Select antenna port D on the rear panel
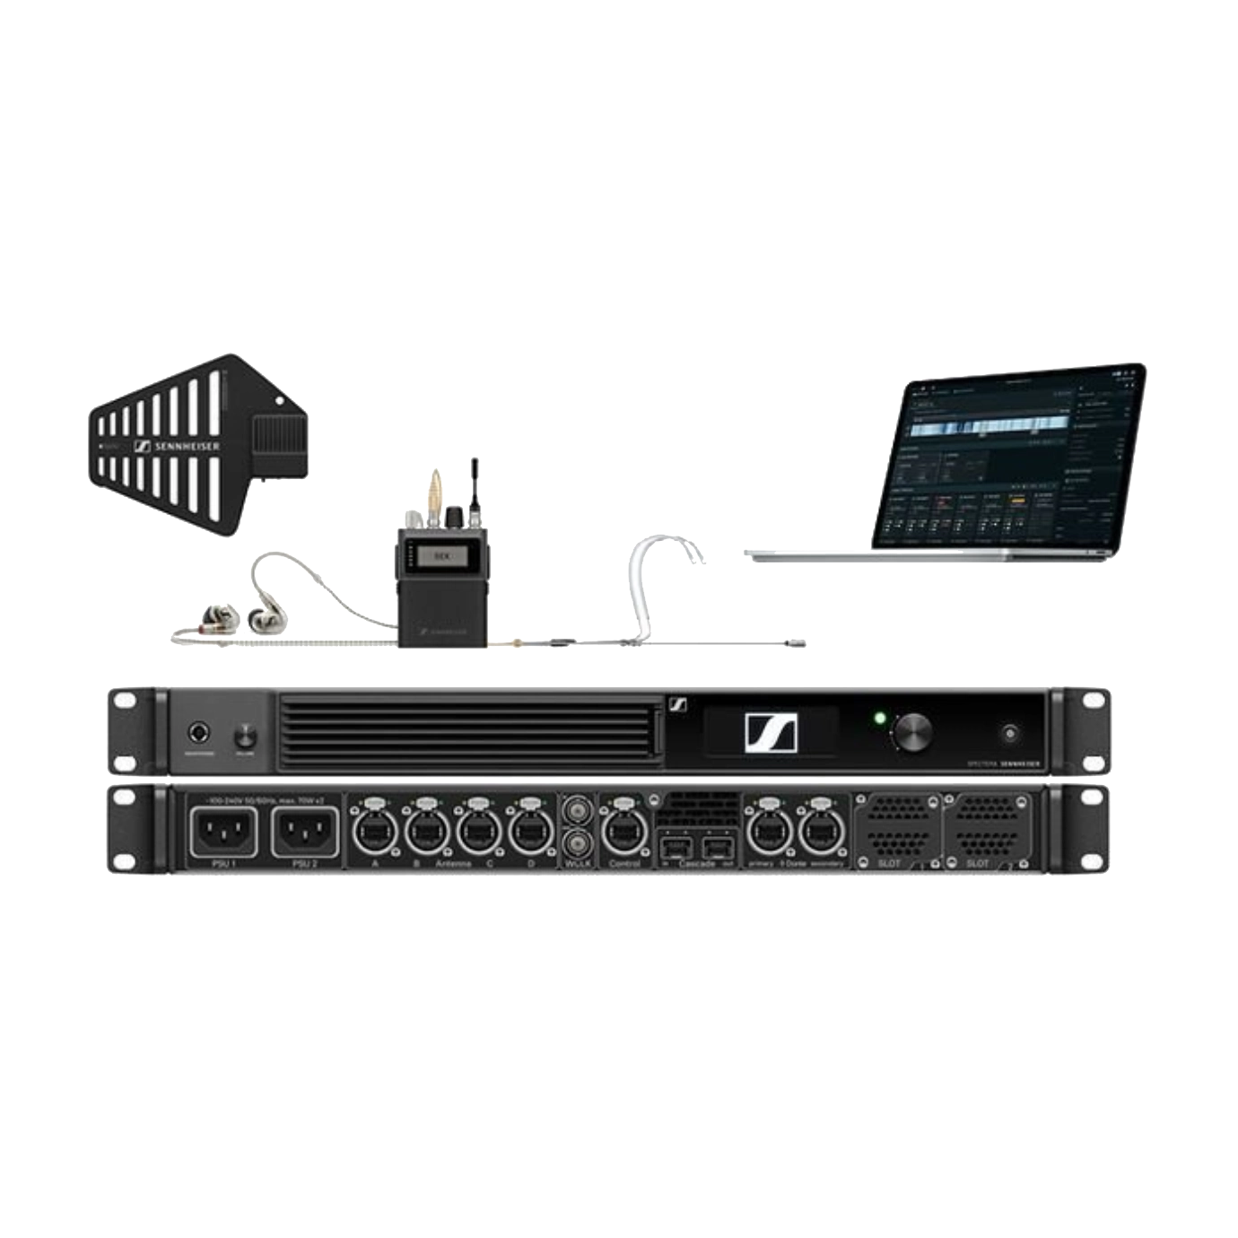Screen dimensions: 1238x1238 (x=531, y=833)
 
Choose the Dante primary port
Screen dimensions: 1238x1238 (x=767, y=833)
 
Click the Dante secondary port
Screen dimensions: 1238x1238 (x=819, y=833)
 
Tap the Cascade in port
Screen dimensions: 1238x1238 (x=675, y=848)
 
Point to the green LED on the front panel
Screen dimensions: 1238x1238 (x=879, y=719)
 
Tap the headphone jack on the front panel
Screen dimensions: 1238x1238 (x=198, y=736)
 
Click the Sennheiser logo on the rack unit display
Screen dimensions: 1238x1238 (x=771, y=732)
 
